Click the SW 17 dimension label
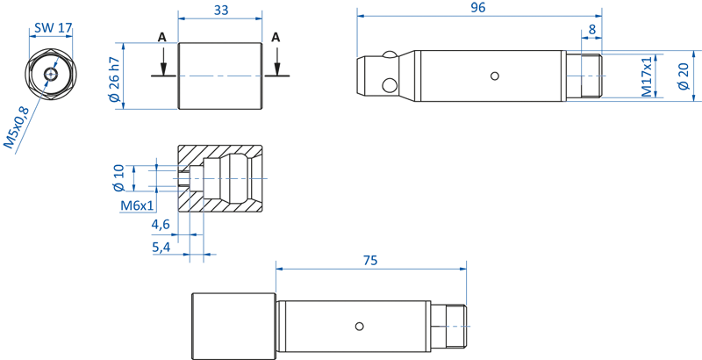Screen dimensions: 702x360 [x=52, y=27]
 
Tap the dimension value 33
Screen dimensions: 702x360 [x=220, y=10]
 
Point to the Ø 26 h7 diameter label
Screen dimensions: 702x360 [x=114, y=79]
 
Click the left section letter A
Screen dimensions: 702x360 [x=161, y=37]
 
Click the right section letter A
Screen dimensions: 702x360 [x=276, y=37]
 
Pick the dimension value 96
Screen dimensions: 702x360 [x=478, y=7]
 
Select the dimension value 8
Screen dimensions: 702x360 [x=592, y=29]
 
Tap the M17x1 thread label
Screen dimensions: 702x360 [x=647, y=76]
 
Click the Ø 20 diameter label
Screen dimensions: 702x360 [x=684, y=76]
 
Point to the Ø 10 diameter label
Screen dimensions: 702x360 [x=118, y=176]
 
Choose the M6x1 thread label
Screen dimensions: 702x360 [x=138, y=205]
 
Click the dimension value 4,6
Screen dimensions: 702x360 [x=161, y=225]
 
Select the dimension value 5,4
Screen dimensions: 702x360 [x=161, y=248]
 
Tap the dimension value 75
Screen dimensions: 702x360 [x=370, y=260]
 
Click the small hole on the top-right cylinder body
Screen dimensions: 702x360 [x=496, y=76]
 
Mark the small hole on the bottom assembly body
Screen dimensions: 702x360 [x=359, y=327]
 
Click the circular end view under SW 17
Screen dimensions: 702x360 [x=52, y=74]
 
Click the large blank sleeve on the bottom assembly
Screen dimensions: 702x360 [x=234, y=326]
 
